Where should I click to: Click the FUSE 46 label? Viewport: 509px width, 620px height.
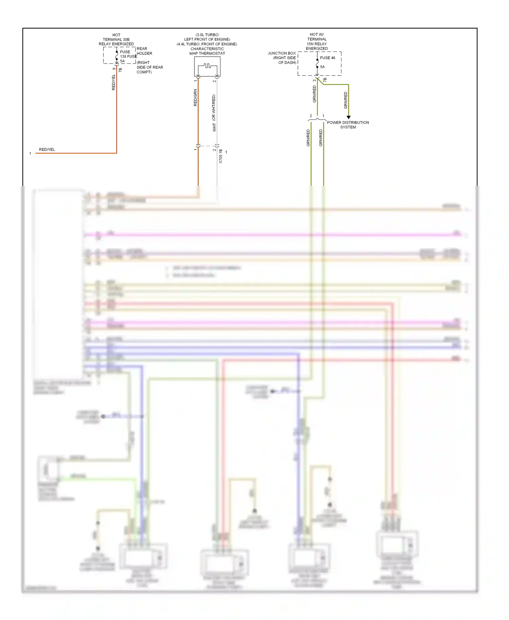coord(327,58)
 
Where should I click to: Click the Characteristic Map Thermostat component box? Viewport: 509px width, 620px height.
coord(207,66)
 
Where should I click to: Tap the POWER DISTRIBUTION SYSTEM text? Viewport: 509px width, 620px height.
coord(348,125)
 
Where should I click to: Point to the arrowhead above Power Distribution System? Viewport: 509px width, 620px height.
coord(348,117)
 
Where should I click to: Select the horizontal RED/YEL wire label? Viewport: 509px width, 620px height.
coord(47,150)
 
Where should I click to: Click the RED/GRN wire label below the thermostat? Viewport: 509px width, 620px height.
coord(195,98)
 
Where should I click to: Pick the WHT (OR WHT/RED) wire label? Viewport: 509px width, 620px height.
coord(214,113)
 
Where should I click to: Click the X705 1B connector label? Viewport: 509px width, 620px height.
coord(221,156)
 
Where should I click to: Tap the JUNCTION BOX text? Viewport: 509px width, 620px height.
coord(282,53)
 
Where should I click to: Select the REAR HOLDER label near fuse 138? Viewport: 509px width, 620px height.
coord(144,51)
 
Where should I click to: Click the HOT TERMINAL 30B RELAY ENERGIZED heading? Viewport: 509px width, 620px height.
coord(116,39)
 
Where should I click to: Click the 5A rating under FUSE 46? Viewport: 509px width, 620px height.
coord(322,67)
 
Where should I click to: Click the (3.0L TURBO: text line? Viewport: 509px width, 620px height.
coord(207,35)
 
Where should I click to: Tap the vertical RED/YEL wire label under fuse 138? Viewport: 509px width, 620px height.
coord(114,82)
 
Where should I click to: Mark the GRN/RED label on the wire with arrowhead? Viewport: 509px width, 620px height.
coord(345,100)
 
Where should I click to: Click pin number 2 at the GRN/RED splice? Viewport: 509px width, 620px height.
coord(311,116)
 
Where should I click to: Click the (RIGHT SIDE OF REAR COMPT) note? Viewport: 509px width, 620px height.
coord(150,67)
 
